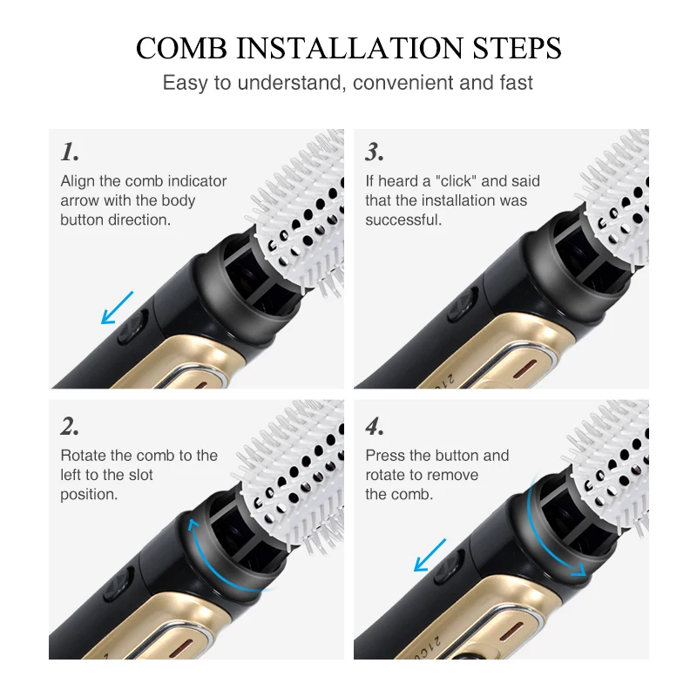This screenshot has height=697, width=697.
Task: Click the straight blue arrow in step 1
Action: click(x=118, y=308)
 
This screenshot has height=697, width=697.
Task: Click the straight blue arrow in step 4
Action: click(x=430, y=555)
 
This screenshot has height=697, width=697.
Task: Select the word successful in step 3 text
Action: click(x=403, y=220)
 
